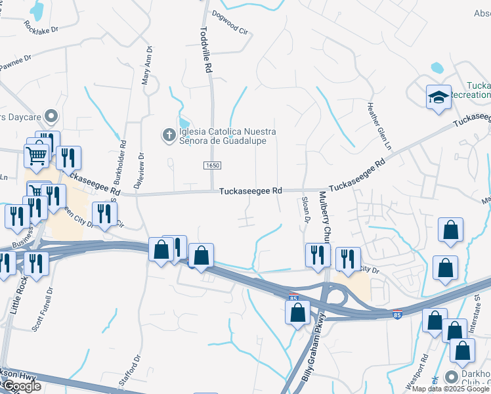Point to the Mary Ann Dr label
point(148,66)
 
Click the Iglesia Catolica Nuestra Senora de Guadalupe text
point(226,136)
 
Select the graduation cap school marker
point(438,98)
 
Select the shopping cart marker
point(37,156)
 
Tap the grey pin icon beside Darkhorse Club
point(451,376)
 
